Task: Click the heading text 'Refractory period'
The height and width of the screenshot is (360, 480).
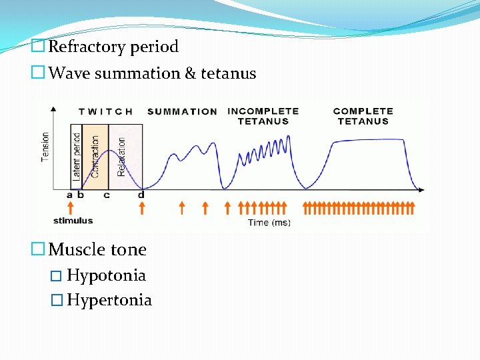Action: tap(113, 47)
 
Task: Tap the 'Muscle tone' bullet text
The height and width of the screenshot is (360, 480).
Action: tap(97, 250)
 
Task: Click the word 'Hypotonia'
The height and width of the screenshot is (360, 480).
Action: tap(106, 275)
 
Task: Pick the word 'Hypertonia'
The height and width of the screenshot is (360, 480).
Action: tap(109, 301)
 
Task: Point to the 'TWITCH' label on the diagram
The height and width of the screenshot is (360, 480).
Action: tap(106, 112)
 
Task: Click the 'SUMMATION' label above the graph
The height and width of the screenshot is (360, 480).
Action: tap(182, 112)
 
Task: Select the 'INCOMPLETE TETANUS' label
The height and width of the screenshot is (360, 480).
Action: tap(263, 116)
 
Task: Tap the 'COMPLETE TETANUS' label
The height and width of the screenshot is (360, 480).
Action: tap(363, 116)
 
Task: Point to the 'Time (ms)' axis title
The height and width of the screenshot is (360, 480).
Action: tap(269, 223)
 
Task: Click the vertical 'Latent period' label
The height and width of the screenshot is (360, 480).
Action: tap(77, 157)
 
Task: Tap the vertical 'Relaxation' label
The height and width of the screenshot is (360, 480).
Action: tap(121, 157)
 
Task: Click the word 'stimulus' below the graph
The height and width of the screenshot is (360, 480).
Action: tap(73, 221)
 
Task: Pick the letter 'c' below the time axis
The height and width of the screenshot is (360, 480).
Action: tap(107, 195)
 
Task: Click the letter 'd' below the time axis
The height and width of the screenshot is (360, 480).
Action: tap(141, 195)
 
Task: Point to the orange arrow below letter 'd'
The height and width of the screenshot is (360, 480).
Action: tap(141, 208)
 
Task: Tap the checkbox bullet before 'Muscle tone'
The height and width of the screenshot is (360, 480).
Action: tap(39, 250)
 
